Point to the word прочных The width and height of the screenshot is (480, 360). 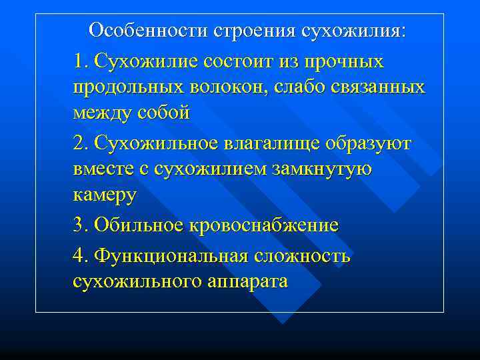[345, 62]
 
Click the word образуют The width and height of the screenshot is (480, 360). [366, 144]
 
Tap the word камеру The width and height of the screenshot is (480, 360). [105, 196]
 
